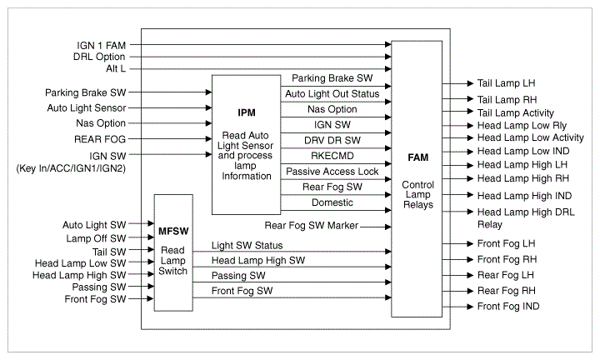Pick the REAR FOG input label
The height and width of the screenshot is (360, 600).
[x=99, y=139]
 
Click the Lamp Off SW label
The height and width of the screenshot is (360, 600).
[x=97, y=237]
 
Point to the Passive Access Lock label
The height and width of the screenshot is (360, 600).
[x=332, y=171]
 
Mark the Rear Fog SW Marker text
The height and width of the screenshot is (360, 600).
[x=311, y=225]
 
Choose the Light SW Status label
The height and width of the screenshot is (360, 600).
[x=247, y=245]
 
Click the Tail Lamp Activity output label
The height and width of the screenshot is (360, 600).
[x=515, y=112]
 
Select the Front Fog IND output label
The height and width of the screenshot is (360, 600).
[x=508, y=307]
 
